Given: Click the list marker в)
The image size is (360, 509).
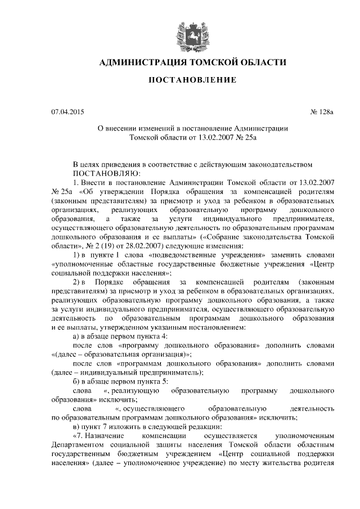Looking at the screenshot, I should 78,426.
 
